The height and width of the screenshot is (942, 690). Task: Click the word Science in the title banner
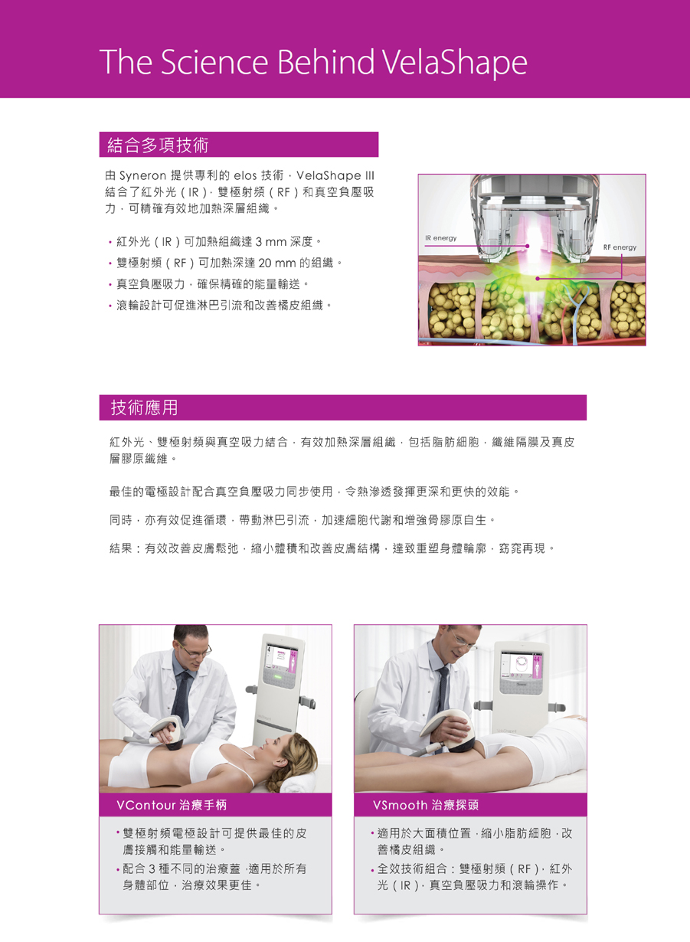pos(214,62)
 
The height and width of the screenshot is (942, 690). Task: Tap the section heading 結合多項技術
pos(158,145)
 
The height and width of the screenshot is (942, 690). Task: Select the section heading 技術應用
pos(144,407)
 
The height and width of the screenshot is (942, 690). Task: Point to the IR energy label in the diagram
pos(440,238)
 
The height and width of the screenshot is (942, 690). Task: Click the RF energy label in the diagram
pos(620,247)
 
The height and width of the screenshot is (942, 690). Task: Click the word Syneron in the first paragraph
pos(143,176)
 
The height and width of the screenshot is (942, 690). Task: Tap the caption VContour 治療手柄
pos(172,805)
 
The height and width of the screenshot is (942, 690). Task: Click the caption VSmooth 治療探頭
pos(426,805)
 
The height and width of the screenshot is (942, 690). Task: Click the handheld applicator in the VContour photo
pos(168,733)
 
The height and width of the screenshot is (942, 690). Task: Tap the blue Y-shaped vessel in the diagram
pos(575,312)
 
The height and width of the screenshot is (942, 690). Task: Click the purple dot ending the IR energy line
pos(528,246)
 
